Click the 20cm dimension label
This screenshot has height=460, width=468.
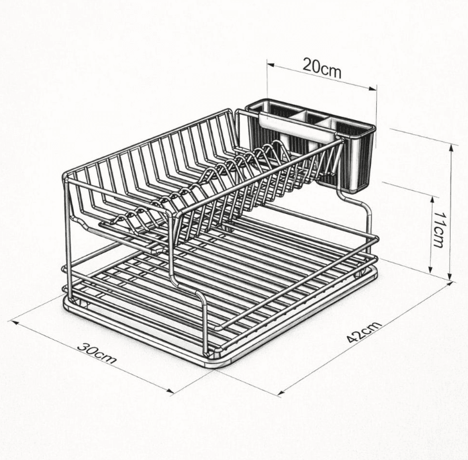click(322, 67)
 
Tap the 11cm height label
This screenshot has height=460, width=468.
click(439, 229)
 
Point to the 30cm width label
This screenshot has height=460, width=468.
click(97, 353)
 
